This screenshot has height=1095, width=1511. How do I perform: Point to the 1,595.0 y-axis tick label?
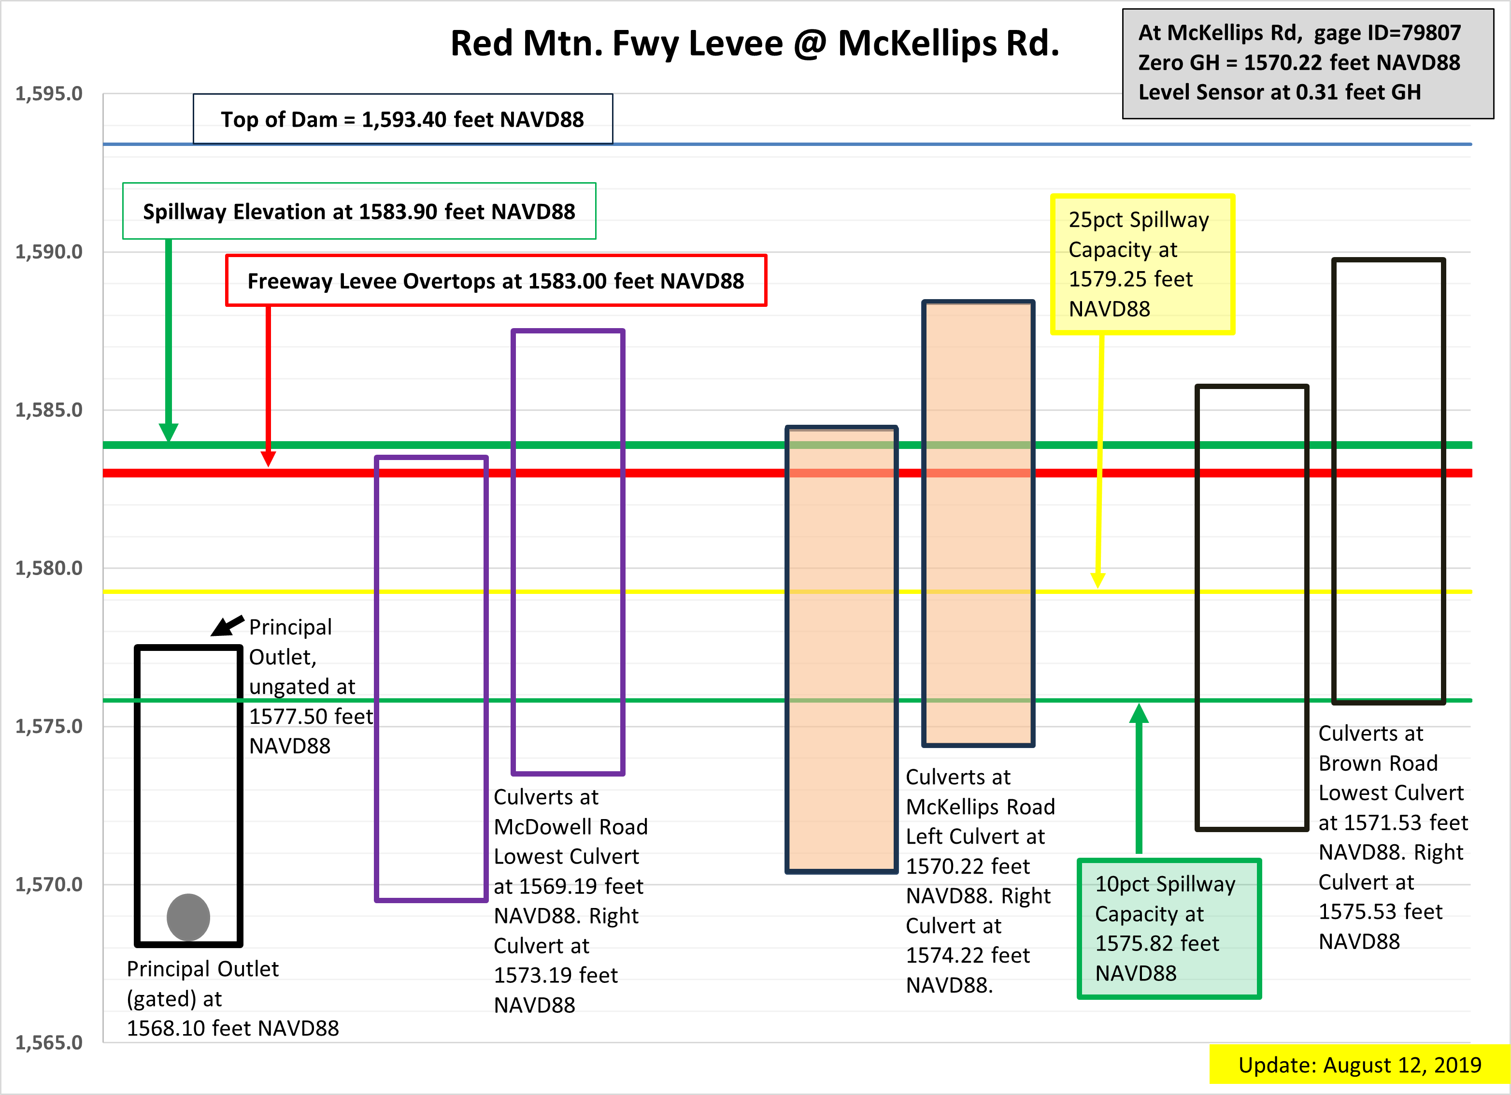click(x=49, y=94)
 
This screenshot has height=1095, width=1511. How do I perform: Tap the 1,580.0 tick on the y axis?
click(x=49, y=568)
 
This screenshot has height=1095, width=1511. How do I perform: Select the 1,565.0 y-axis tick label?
click(x=49, y=1042)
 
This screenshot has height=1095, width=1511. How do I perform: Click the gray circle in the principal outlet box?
click(x=188, y=917)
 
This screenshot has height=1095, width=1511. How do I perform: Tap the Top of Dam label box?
click(x=403, y=118)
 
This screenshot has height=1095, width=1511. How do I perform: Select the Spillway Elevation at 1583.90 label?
click(x=359, y=211)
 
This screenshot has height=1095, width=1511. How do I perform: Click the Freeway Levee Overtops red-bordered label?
click(x=496, y=281)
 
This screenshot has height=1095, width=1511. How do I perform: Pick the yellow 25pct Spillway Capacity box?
click(x=1142, y=264)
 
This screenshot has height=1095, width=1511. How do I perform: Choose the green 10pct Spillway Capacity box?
click(x=1169, y=928)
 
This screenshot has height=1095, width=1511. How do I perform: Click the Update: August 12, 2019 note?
click(x=1360, y=1065)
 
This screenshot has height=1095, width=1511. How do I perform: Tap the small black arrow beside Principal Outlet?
click(x=227, y=626)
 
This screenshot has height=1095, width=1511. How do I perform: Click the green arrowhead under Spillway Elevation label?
click(x=169, y=432)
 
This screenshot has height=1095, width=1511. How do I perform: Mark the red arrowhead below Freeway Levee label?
click(x=269, y=459)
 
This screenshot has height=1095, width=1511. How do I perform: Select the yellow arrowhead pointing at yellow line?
click(x=1098, y=580)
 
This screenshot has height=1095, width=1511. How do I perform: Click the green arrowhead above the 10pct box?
click(x=1139, y=713)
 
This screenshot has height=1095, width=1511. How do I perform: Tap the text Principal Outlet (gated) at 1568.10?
click(x=232, y=998)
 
